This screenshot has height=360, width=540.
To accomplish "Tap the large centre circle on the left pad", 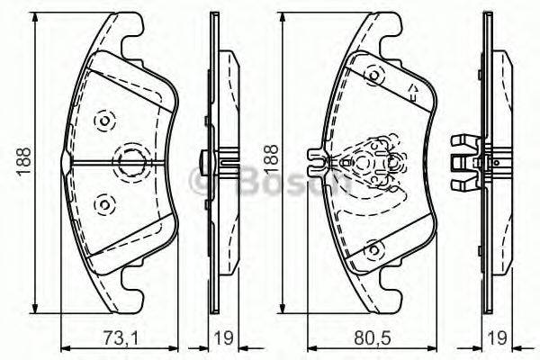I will coord(131,162).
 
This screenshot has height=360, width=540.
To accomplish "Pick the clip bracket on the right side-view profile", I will coord(463,160).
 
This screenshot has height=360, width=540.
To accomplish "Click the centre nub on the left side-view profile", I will coord(206,162).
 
